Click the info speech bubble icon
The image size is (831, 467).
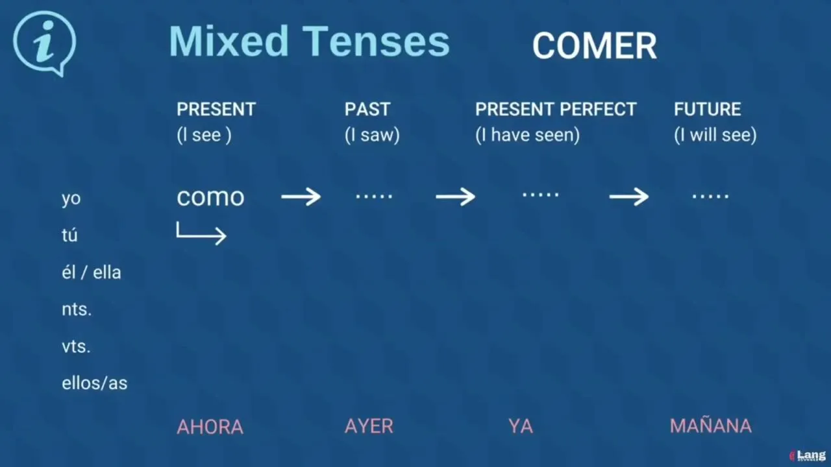[45, 43]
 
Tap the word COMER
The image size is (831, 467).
[594, 46]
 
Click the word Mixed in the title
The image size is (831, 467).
[229, 41]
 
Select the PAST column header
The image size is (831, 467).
[367, 110]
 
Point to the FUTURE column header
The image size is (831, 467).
[708, 110]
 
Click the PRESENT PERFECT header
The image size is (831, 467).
[556, 110]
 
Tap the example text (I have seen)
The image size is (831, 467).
[528, 135]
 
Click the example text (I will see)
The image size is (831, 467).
[715, 135]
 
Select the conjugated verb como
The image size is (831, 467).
[210, 197]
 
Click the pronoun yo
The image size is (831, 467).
[71, 199]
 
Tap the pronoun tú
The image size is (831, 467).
[69, 235]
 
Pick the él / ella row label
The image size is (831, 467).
[92, 272]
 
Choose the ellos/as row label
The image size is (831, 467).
[94, 383]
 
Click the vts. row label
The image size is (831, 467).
[76, 347]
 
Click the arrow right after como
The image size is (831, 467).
[301, 197]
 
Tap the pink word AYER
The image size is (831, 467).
[369, 426]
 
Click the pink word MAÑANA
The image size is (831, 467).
[711, 425]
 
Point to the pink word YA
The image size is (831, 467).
[521, 426]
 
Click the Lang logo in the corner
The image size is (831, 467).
[808, 455]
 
